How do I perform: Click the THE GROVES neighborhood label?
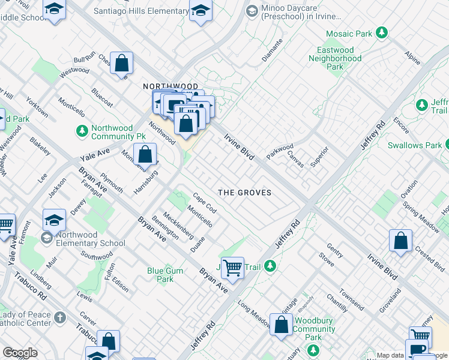tap(244, 193)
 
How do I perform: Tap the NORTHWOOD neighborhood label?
tap(170, 86)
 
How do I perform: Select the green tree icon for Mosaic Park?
tap(381, 32)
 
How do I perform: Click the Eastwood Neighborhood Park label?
tap(335, 58)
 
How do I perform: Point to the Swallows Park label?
tap(415, 145)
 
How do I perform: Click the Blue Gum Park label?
tap(165, 275)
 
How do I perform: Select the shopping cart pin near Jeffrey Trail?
tap(232, 268)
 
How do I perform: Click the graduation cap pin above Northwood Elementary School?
tap(54, 220)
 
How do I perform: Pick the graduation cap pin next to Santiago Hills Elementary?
tap(200, 10)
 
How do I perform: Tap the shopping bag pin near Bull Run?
tap(122, 63)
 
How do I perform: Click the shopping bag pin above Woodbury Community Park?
tap(281, 325)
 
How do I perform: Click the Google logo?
tap(20, 353)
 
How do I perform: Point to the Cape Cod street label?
tap(205, 202)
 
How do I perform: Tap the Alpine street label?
tap(412, 58)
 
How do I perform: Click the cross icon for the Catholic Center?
tap(59, 317)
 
